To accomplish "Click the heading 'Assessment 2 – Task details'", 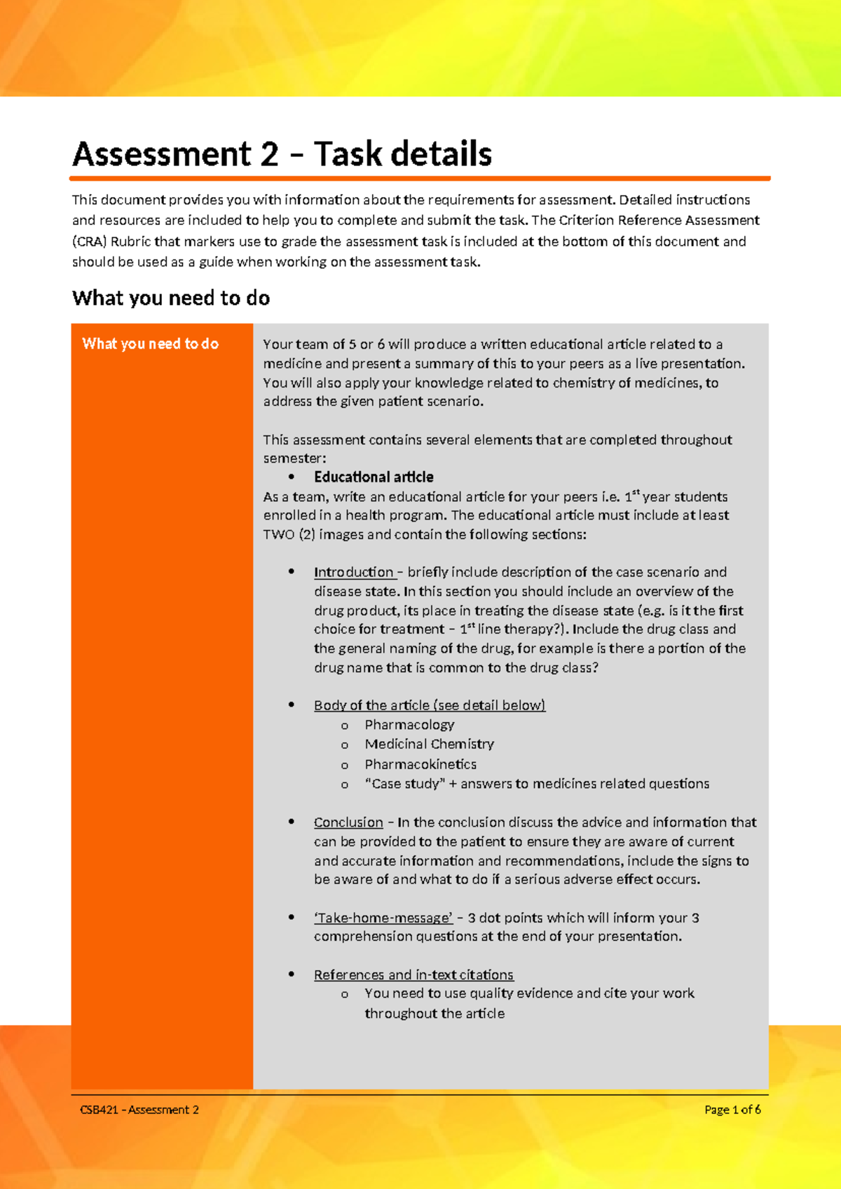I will click(x=282, y=154).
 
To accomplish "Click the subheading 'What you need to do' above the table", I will click(x=171, y=298).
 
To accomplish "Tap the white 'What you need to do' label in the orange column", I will click(x=150, y=344).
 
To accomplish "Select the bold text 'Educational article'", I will click(x=374, y=477).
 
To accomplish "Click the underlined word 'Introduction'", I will click(x=354, y=572).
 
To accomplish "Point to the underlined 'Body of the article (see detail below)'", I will click(x=430, y=705).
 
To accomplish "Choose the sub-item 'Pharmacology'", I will click(x=409, y=724).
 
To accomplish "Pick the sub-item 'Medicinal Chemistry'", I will click(x=429, y=744).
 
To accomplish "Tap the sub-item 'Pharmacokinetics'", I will click(x=420, y=764).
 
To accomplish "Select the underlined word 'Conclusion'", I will click(x=348, y=822).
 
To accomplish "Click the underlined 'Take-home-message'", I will click(x=383, y=918).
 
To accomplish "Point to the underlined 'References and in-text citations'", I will click(x=413, y=974).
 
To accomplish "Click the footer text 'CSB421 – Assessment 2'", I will click(x=139, y=1110).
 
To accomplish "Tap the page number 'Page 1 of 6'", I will click(x=732, y=1110).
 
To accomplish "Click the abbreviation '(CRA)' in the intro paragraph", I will click(x=89, y=241).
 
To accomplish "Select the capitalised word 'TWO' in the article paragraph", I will click(x=279, y=534).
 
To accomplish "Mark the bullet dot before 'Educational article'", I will click(x=291, y=477).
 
